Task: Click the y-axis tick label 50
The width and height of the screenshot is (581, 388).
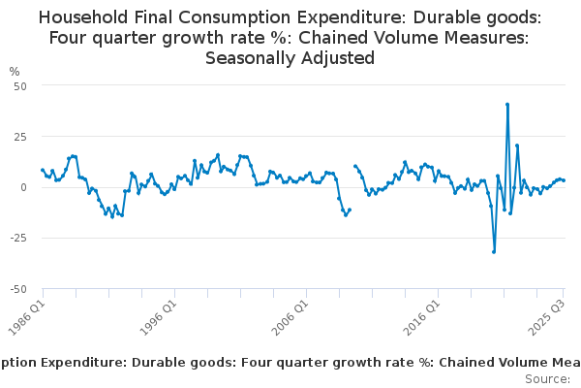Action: tap(19, 85)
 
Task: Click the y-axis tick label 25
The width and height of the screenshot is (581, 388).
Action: tap(19, 136)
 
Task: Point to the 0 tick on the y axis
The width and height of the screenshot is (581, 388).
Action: tap(23, 187)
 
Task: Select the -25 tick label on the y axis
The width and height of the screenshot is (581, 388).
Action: tap(16, 238)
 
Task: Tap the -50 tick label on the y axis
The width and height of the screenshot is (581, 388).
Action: tap(16, 289)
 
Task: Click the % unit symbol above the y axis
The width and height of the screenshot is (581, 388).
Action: tap(15, 71)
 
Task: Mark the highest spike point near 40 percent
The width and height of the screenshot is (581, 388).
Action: tap(507, 105)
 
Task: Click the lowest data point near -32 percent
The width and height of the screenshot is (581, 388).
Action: tap(494, 251)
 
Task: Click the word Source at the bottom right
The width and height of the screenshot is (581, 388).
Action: tap(546, 378)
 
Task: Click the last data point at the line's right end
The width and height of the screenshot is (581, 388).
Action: tap(564, 180)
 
